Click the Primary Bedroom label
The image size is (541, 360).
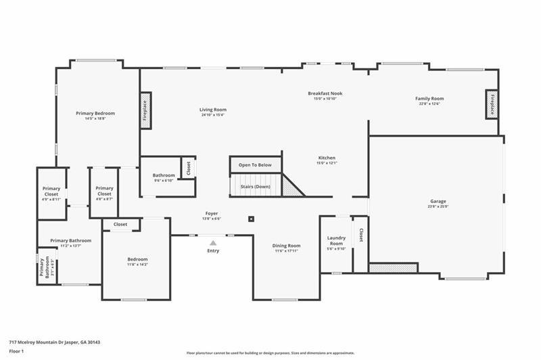95,114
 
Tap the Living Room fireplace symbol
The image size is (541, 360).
145,110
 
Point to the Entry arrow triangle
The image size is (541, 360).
213,242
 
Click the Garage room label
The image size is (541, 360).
438,201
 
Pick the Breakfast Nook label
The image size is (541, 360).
325,93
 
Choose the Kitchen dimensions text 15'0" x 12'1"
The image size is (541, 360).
326,163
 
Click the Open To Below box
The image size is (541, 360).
255,165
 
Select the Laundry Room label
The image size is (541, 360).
336,240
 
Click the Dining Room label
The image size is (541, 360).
286,246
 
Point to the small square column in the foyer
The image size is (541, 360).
251,219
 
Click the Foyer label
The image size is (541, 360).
212,213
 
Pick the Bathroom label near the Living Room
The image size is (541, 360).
164,175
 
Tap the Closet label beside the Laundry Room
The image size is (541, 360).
361,235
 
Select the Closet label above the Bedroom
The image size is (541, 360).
120,224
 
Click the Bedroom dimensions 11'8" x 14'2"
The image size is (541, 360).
137,265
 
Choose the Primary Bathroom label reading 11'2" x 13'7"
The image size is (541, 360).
70,246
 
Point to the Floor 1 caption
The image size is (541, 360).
17,351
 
